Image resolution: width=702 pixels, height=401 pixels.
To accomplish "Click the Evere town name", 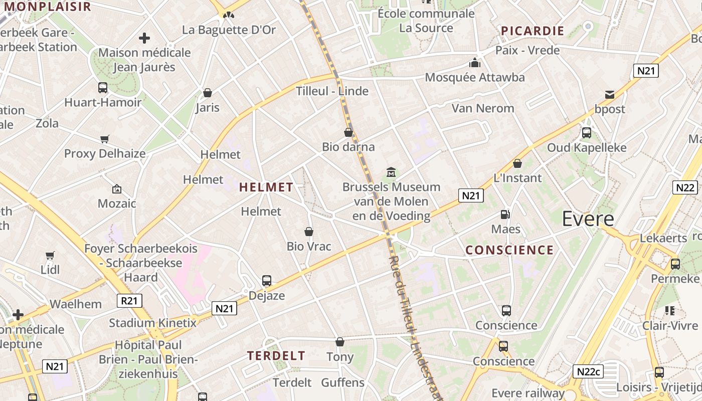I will tap(588, 219).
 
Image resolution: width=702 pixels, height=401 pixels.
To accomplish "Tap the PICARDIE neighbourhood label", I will tap(533, 31).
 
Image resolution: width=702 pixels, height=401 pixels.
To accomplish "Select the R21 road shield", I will tap(129, 301).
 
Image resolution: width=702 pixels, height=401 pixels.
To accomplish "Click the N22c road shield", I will tap(588, 371).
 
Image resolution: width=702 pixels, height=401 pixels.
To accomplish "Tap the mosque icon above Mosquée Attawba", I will tap(474, 63).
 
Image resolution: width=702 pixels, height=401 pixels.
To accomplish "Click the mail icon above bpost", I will tap(610, 95).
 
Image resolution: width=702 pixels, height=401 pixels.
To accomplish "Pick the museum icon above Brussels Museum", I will tap(391, 172).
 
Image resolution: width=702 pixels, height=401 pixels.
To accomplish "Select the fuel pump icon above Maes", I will tap(505, 215).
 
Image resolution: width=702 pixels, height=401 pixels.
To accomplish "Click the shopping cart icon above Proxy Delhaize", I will tap(104, 139).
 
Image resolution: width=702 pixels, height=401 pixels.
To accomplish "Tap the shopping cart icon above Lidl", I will tap(50, 255).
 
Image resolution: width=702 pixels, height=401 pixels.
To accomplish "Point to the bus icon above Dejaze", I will tap(267, 281).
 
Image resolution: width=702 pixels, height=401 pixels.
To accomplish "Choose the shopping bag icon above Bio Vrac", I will tap(309, 232).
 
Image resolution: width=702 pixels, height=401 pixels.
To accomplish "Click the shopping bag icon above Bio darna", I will tap(348, 132).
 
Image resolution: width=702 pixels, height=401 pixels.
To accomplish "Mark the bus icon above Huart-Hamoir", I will tap(103, 88).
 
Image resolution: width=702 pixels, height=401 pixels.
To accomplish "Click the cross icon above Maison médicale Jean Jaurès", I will tap(144, 38).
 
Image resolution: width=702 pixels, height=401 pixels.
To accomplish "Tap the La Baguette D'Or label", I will tap(229, 30).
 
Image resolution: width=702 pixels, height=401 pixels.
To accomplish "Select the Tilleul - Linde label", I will tap(332, 91).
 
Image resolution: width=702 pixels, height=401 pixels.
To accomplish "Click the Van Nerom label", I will tap(483, 108).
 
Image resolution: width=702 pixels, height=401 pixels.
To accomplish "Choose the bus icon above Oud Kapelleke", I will tap(586, 133).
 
